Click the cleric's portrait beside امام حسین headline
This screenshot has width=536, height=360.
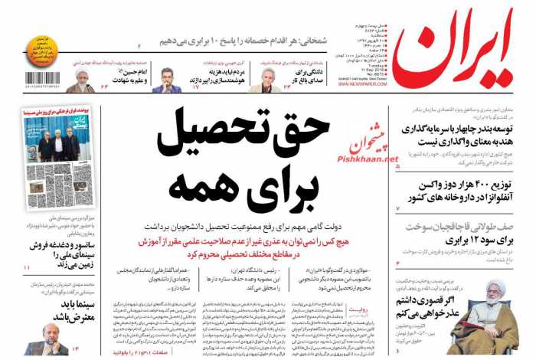click(x=80, y=78)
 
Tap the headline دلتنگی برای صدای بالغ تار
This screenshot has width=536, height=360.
click(x=307, y=77)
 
